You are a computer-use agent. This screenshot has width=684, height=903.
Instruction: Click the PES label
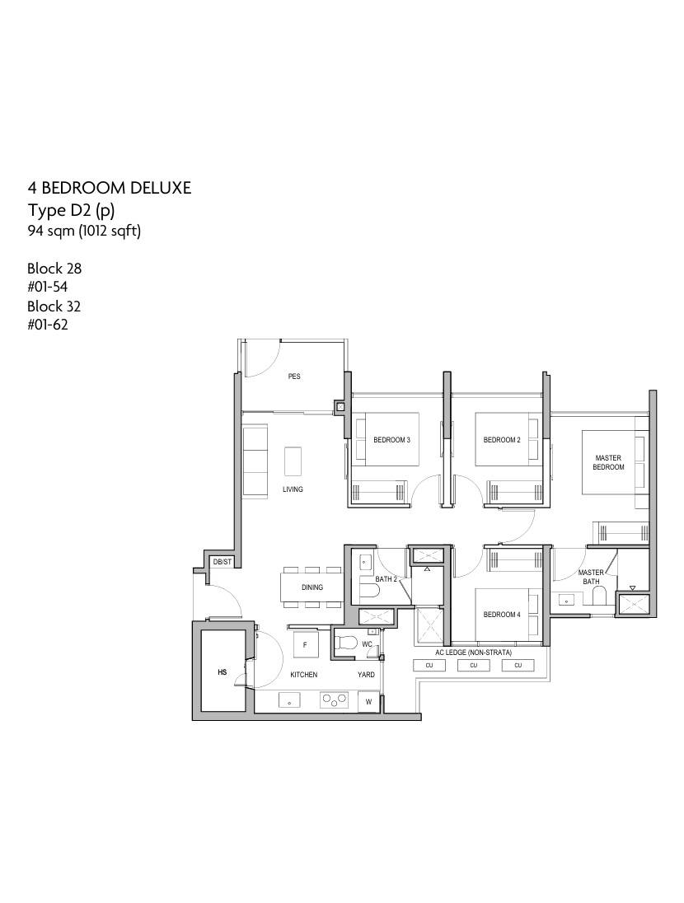[294, 377]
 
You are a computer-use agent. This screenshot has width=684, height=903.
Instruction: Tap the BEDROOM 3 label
[391, 440]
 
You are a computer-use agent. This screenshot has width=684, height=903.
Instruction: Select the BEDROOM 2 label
[502, 440]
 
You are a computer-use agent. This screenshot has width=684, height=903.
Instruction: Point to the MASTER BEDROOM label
[608, 462]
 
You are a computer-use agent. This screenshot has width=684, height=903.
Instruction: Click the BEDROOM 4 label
[502, 615]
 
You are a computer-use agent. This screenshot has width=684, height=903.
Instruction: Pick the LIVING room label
[293, 489]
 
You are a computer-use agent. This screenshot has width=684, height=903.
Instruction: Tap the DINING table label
[312, 587]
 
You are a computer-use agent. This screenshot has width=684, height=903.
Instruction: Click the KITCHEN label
[304, 675]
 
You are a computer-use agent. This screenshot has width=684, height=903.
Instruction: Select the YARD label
[366, 675]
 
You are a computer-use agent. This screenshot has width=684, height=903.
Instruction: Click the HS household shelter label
[223, 672]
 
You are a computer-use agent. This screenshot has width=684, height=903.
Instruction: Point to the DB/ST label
[223, 562]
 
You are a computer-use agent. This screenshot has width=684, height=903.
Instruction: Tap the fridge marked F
[305, 645]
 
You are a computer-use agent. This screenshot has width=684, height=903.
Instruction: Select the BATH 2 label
[386, 579]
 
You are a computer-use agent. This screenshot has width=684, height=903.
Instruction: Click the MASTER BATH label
[591, 577]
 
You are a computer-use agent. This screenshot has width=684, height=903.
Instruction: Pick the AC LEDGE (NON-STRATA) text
[474, 653]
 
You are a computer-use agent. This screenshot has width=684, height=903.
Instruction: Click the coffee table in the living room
[293, 461]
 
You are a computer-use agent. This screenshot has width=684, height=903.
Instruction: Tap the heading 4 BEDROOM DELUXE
[110, 189]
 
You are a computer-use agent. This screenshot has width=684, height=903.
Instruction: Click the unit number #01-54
[47, 287]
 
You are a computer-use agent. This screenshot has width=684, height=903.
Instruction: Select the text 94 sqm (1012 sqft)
[84, 232]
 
